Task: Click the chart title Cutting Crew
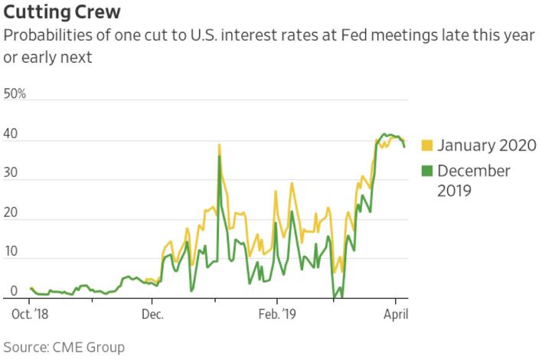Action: click(x=62, y=13)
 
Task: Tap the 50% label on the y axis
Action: click(x=15, y=94)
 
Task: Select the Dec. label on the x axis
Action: click(x=152, y=314)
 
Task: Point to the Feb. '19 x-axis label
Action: click(x=277, y=314)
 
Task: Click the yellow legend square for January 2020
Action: click(x=427, y=145)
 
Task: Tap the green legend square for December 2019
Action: click(x=427, y=170)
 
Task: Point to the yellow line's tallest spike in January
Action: click(x=219, y=145)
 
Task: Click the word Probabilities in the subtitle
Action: click(x=46, y=37)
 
